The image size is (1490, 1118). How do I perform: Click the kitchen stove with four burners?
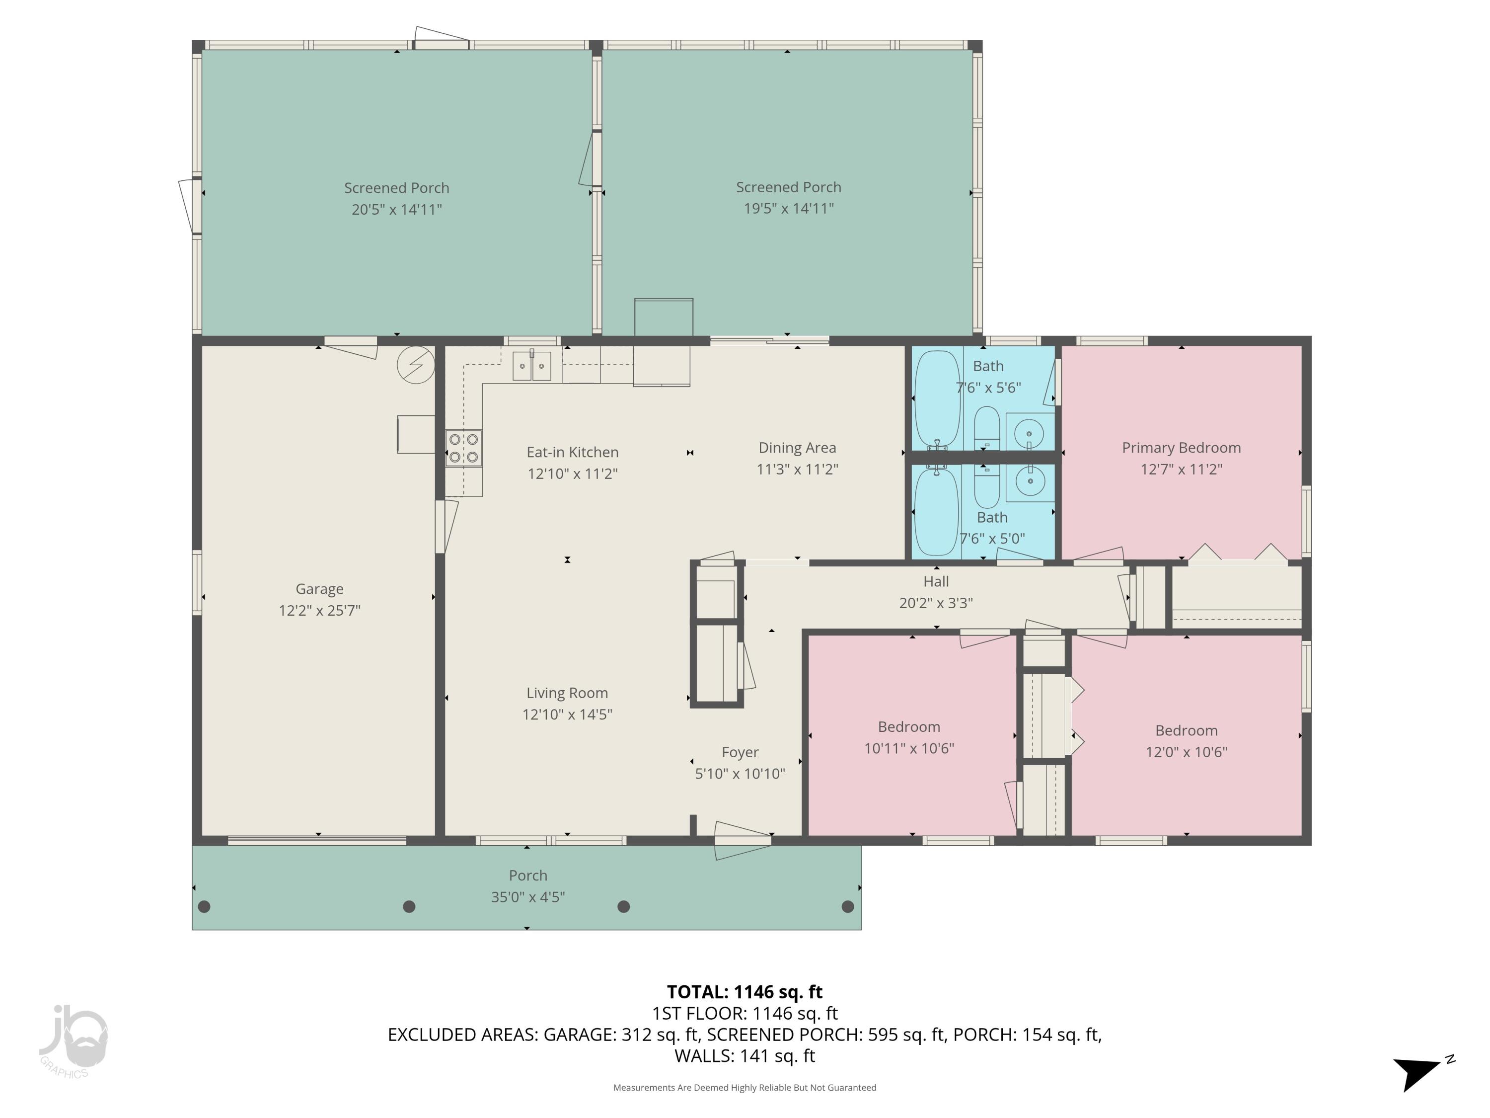tap(463, 448)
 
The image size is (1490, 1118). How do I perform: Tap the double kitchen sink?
tap(531, 366)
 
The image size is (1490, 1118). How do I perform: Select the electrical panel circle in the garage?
tap(416, 365)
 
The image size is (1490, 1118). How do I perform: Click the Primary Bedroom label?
tap(1181, 448)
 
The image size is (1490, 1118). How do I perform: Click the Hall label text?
tap(936, 581)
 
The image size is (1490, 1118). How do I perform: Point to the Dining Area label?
tap(797, 448)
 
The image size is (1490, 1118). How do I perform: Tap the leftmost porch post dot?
tap(204, 906)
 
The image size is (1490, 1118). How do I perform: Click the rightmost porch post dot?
tap(848, 906)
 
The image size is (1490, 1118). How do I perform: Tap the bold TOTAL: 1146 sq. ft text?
tap(745, 992)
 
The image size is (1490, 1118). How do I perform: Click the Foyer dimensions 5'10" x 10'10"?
tap(740, 774)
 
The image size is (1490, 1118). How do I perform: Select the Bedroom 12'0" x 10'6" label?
tap(1186, 730)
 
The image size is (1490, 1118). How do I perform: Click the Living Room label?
tap(567, 693)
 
